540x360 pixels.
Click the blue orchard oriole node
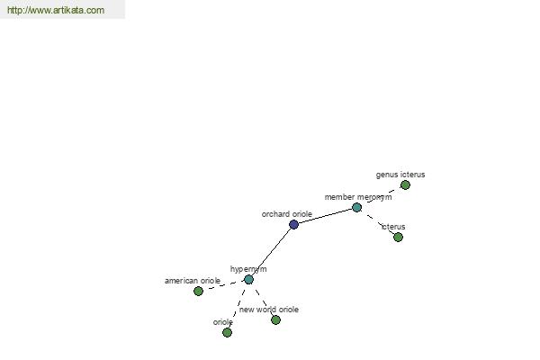(293, 225)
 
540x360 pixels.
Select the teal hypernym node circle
(248, 279)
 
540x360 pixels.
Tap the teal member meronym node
(356, 207)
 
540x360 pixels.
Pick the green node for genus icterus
(405, 185)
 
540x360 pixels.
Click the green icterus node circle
(398, 237)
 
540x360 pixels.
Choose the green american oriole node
(198, 291)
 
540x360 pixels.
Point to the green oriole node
(227, 332)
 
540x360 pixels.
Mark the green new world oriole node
(275, 320)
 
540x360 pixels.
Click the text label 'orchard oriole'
(287, 214)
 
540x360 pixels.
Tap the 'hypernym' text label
(248, 269)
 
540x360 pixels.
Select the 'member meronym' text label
(358, 197)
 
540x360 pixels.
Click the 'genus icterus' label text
(400, 175)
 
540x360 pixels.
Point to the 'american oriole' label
(193, 281)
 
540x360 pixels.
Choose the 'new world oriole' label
(269, 310)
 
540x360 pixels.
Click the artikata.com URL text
(56, 10)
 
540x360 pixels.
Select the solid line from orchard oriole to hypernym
(271, 252)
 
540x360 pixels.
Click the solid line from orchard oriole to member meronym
(325, 216)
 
